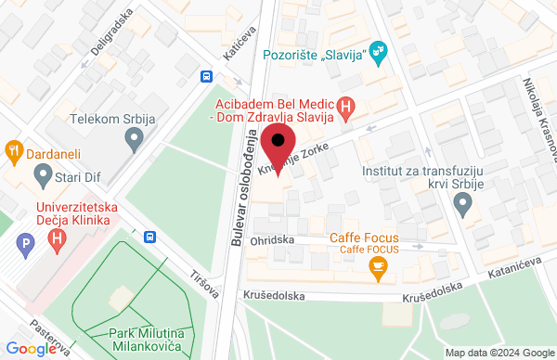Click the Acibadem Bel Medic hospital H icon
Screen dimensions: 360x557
(x=346, y=109)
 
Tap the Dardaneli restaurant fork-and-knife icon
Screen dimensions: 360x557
(x=14, y=148)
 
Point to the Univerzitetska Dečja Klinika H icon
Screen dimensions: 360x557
(x=58, y=241)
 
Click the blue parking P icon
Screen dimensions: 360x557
(x=26, y=245)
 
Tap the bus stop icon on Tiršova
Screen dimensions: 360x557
(x=149, y=237)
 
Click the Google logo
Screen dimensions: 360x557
(x=33, y=348)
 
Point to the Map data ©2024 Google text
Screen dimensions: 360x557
(x=498, y=353)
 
